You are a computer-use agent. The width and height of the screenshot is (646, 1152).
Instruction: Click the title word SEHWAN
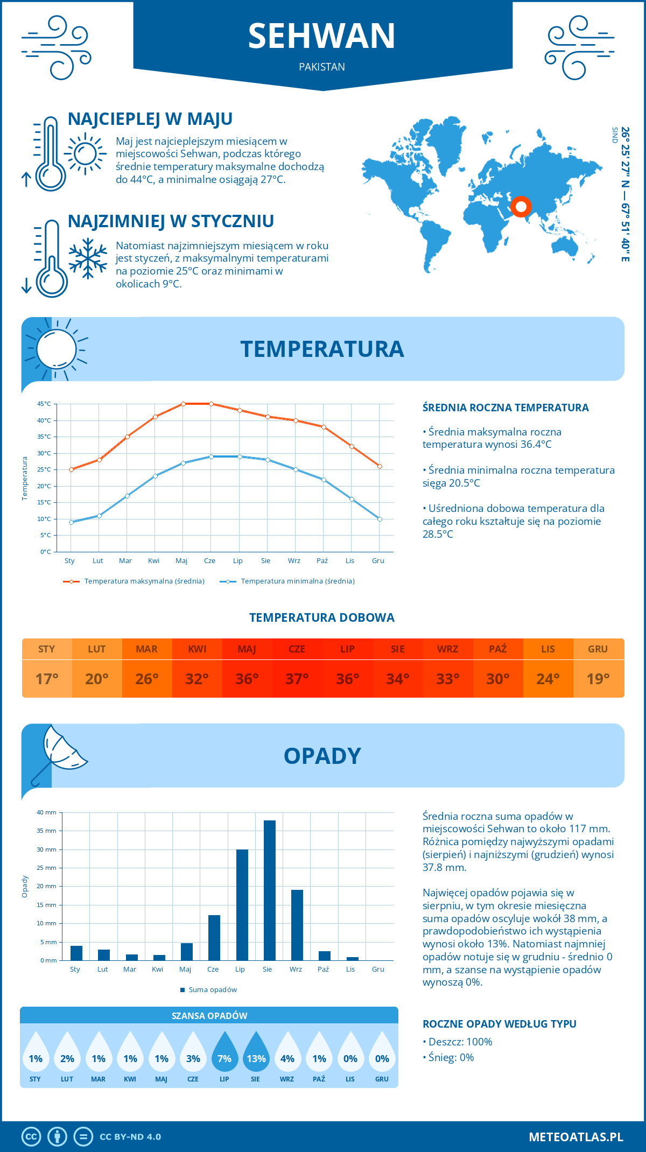[x=321, y=36]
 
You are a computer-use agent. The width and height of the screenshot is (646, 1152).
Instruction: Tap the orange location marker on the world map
[x=521, y=206]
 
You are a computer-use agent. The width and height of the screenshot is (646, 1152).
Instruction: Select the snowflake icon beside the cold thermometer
[x=88, y=258]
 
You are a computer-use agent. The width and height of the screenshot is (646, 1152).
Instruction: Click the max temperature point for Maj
[x=183, y=404]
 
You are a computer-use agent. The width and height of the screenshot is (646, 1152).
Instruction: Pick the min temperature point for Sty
[x=71, y=522]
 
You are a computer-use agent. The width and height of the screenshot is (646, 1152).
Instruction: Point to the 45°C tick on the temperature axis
[x=44, y=404]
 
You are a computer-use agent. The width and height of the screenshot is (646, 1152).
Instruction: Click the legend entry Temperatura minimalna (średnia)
[x=297, y=581]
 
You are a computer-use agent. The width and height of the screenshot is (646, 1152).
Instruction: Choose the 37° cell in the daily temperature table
[x=297, y=679]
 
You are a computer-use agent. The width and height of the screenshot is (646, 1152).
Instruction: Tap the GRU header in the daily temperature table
[x=598, y=649]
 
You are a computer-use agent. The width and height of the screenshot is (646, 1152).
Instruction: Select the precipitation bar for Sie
[x=270, y=890]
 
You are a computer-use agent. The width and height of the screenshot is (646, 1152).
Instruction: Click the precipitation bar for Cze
[x=214, y=938]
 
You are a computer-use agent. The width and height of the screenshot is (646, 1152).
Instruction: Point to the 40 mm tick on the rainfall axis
[x=46, y=812]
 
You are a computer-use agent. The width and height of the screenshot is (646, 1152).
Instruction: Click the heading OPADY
[x=322, y=756]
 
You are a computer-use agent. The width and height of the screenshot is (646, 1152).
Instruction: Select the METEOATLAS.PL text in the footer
[x=575, y=1137]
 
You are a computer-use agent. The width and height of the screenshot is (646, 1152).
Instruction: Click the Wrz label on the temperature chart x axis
[x=294, y=561]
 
